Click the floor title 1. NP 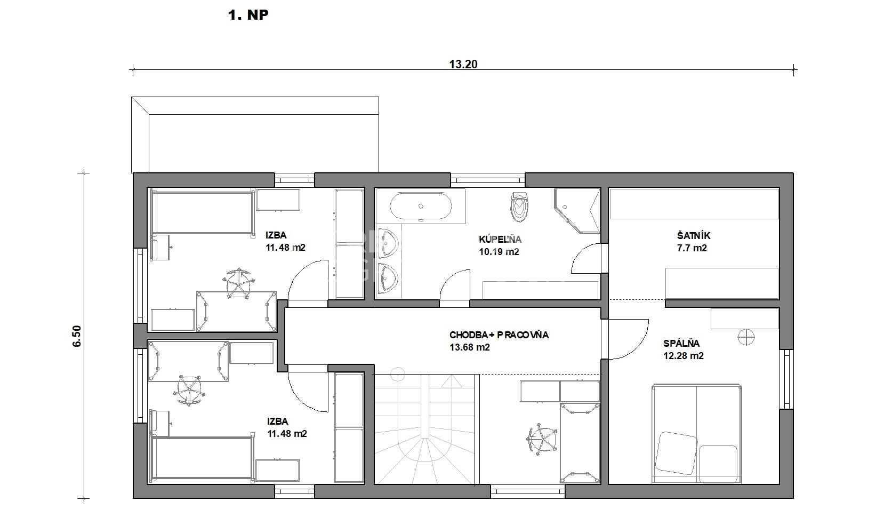click(248, 15)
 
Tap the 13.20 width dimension click(463, 64)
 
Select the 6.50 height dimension click(77, 336)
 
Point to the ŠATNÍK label click(693, 236)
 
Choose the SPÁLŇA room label click(681, 343)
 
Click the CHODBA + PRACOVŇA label click(499, 335)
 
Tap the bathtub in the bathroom click(421, 206)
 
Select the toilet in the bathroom click(519, 206)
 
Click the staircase click(425, 429)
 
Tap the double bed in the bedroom click(696, 434)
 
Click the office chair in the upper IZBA click(237, 283)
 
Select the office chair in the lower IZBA click(189, 390)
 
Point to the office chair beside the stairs click(542, 439)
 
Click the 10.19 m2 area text click(499, 252)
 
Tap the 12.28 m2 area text click(683, 355)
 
